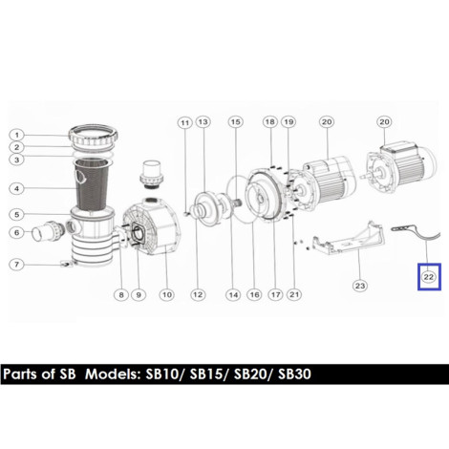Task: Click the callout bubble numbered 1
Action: pyautogui.click(x=17, y=135)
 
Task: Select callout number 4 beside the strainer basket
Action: pyautogui.click(x=17, y=188)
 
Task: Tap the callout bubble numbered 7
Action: pyautogui.click(x=16, y=265)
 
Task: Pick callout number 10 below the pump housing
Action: pyautogui.click(x=167, y=295)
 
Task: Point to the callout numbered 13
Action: pyautogui.click(x=203, y=122)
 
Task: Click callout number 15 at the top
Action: pyautogui.click(x=236, y=122)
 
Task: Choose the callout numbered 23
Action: pyautogui.click(x=360, y=286)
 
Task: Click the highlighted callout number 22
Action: pyautogui.click(x=429, y=277)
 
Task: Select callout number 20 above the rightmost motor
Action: pyautogui.click(x=384, y=122)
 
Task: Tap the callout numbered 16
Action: pyautogui.click(x=254, y=295)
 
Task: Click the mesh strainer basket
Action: pyautogui.click(x=93, y=183)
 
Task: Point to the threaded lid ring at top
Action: pyautogui.click(x=94, y=137)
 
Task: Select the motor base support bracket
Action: pyautogui.click(x=348, y=238)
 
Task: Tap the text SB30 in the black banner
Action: pyautogui.click(x=294, y=374)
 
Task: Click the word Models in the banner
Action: pyautogui.click(x=113, y=374)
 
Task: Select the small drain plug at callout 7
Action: pyautogui.click(x=66, y=263)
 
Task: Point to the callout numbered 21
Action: pyautogui.click(x=294, y=295)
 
